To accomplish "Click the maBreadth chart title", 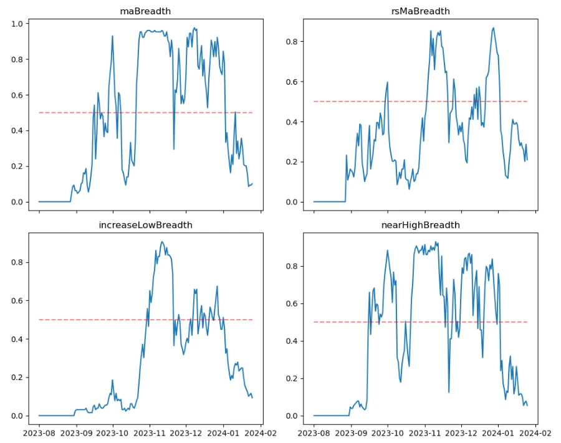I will tap(145, 11).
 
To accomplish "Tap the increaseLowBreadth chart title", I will tap(145, 225).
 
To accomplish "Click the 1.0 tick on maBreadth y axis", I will tap(17, 24).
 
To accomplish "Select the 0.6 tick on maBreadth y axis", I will tap(17, 95).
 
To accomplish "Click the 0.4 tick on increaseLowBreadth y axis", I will tap(17, 339).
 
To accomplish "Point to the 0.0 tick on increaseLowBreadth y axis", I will tap(17, 416).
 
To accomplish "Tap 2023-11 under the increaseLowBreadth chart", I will tap(150, 432).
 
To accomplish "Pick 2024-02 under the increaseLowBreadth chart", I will tap(261, 432).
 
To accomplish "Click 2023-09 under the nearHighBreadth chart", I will tap(351, 432).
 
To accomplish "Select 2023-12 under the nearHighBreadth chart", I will tap(462, 432).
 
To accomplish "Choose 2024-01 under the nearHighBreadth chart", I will tap(499, 432).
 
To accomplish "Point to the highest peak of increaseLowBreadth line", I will tap(162, 242).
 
